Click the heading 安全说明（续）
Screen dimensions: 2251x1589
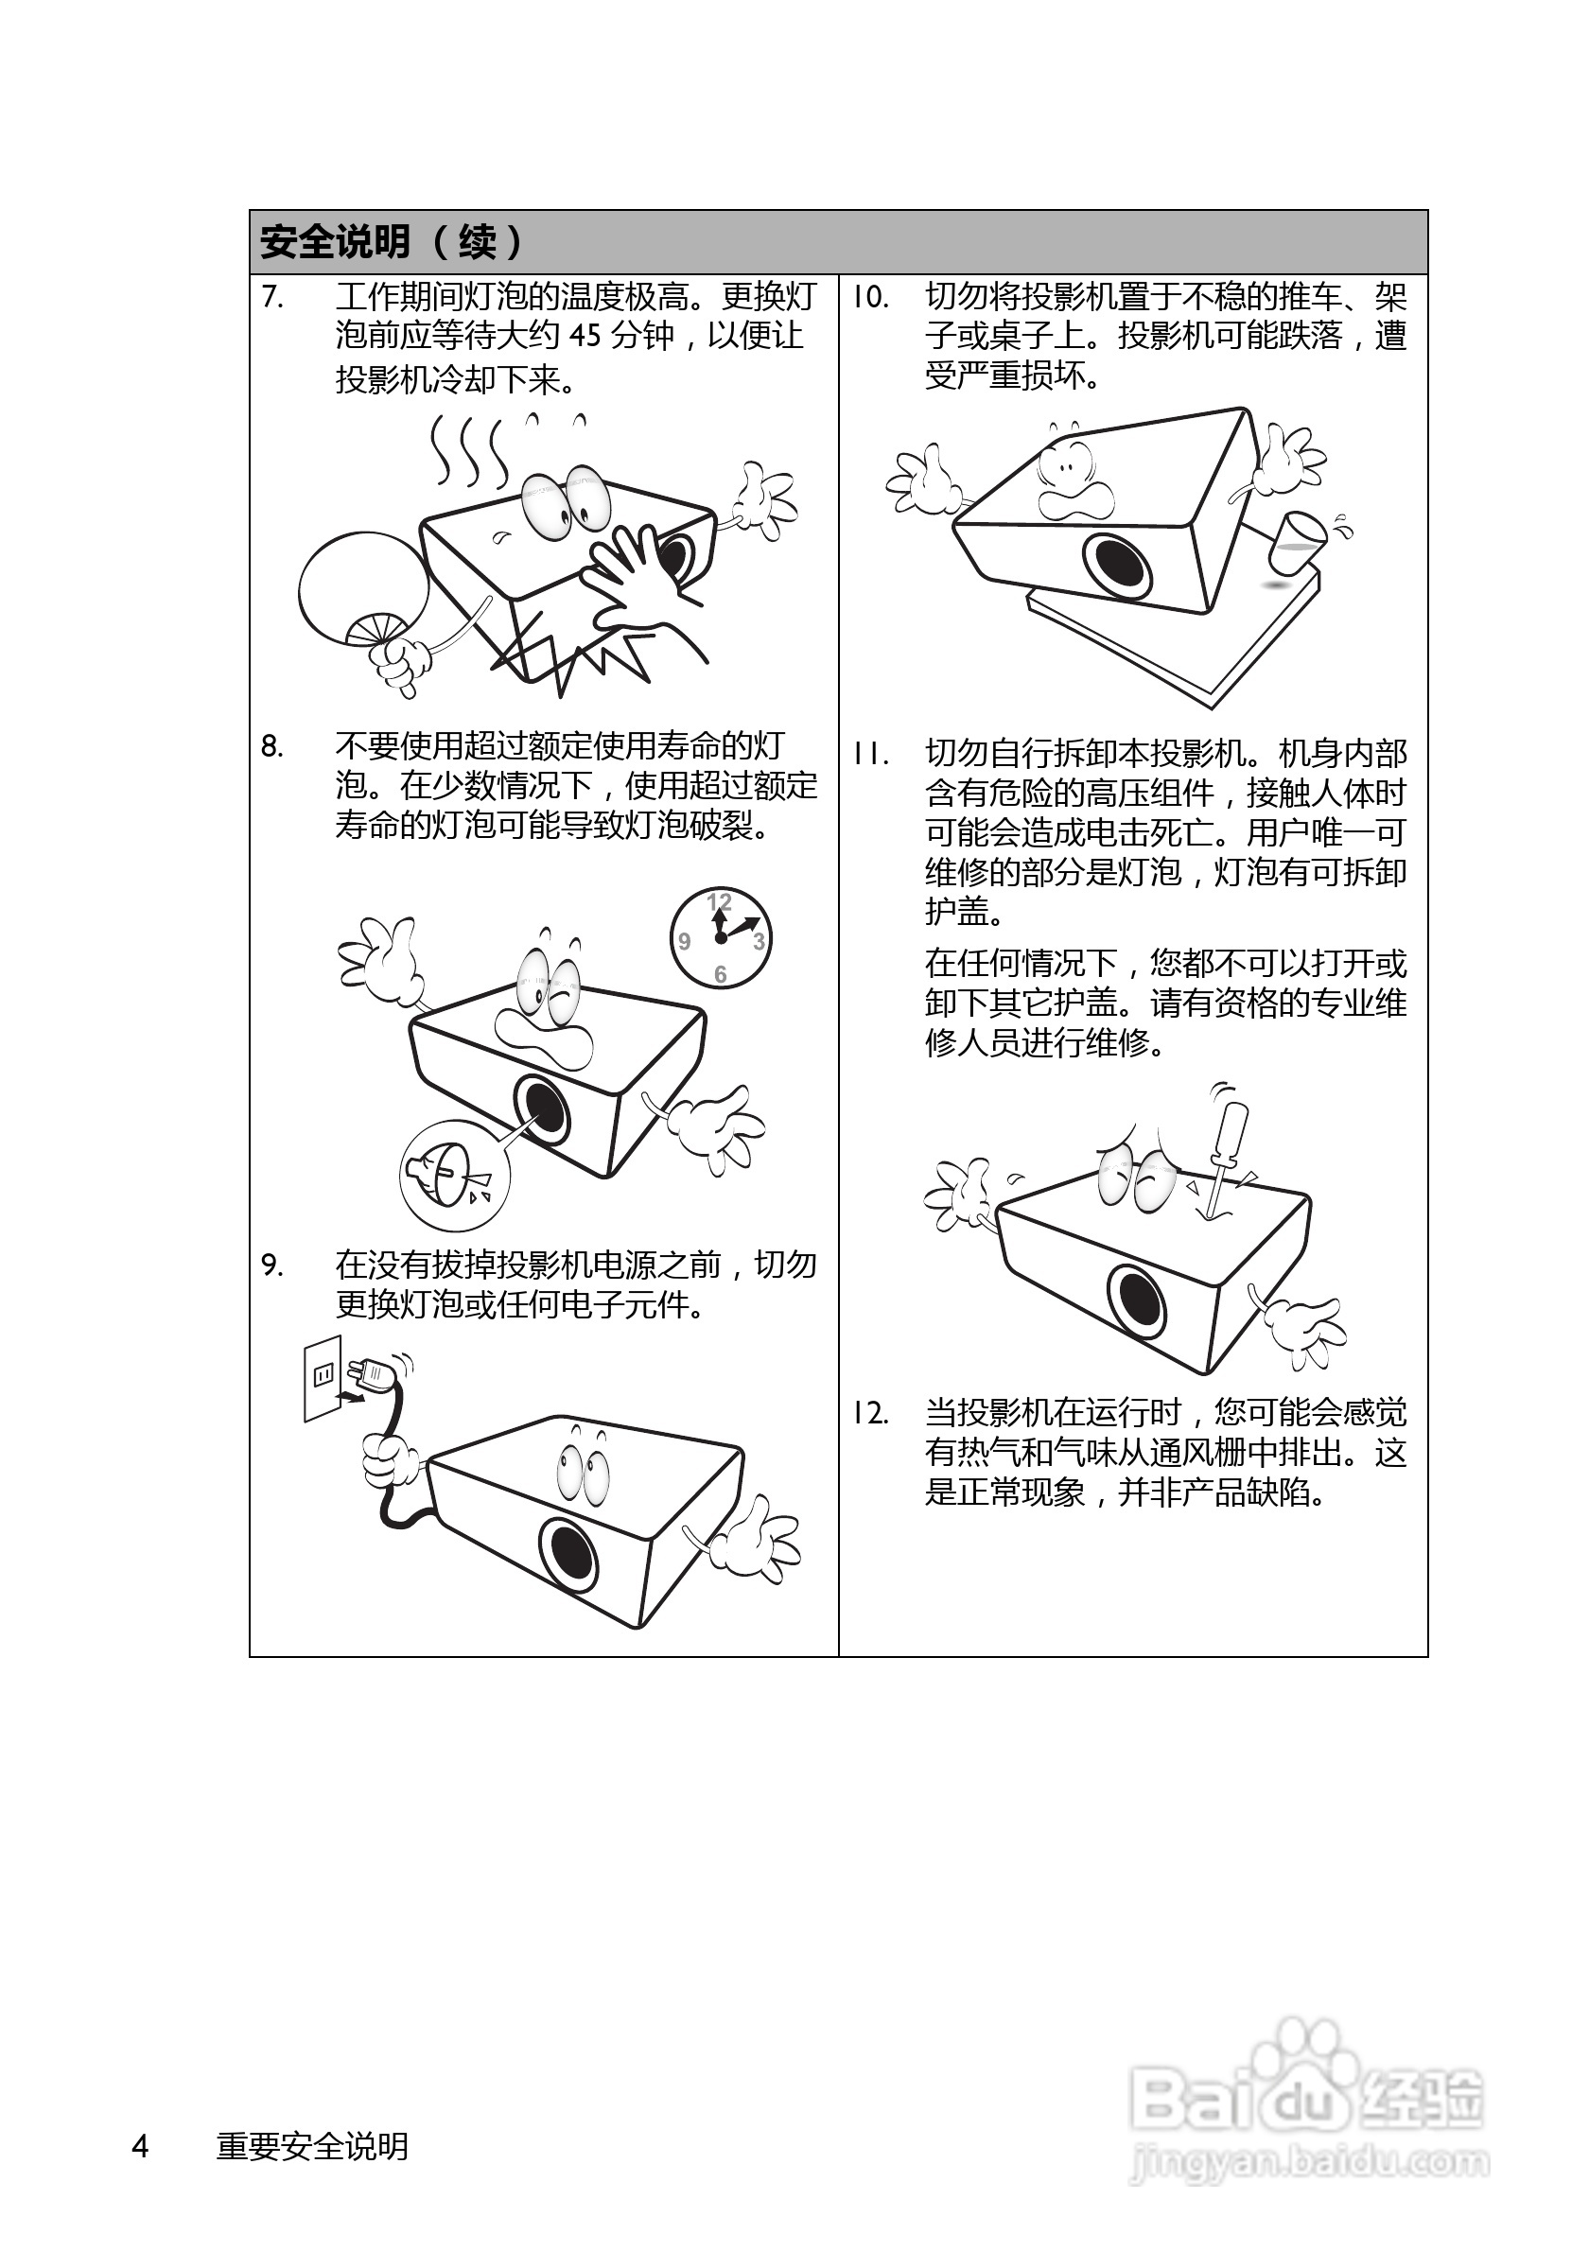pos(393,241)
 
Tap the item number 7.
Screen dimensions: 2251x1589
pos(272,296)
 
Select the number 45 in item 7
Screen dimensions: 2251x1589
pos(585,337)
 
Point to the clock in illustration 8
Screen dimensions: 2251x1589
pos(721,937)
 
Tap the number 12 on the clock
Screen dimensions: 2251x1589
pos(720,901)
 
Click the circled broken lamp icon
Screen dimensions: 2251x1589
pos(454,1175)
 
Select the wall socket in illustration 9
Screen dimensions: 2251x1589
pos(323,1376)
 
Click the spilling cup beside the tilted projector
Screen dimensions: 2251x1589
pos(1297,540)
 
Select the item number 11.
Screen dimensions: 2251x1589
pos(869,754)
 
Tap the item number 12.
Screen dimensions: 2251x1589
pos(869,1413)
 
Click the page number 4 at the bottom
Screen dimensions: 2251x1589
pos(140,2145)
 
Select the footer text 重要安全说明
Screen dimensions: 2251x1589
pos(312,2145)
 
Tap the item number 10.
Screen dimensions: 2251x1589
pos(869,296)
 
